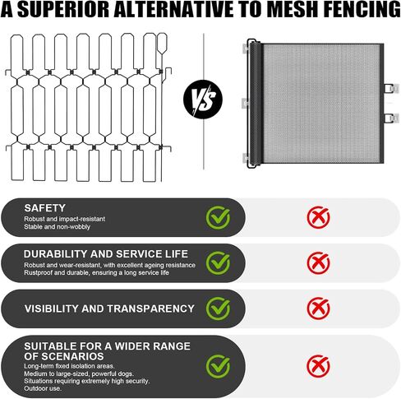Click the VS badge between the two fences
click(x=203, y=100)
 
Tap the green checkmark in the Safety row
click(x=218, y=218)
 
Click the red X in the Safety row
click(x=318, y=217)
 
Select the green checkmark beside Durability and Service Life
click(x=218, y=263)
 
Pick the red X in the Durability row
click(x=318, y=263)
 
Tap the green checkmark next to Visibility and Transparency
click(x=218, y=309)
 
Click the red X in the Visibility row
click(x=318, y=309)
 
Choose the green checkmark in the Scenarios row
click(x=218, y=366)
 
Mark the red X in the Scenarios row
click(x=318, y=366)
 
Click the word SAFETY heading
click(x=45, y=208)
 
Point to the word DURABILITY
click(x=55, y=254)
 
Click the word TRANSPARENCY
click(x=150, y=309)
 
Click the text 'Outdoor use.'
click(x=43, y=388)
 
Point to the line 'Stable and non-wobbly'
click(x=57, y=227)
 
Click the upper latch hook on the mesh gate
click(x=391, y=89)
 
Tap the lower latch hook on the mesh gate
click(x=391, y=118)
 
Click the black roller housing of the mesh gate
click(x=256, y=104)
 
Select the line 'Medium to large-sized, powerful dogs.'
click(x=79, y=373)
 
